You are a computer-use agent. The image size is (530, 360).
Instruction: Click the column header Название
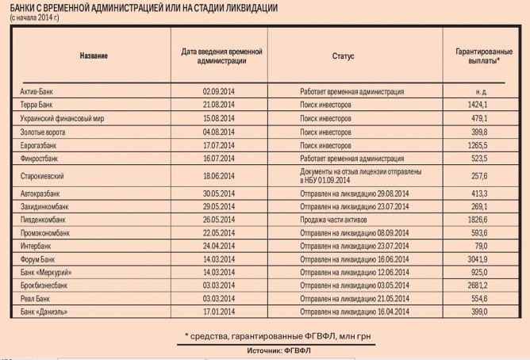click(x=93, y=56)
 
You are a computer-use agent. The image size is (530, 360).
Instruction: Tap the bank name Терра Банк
click(x=36, y=105)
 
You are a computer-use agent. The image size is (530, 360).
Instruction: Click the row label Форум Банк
click(x=37, y=259)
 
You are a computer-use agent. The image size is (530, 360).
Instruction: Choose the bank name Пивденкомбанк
click(x=43, y=218)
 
